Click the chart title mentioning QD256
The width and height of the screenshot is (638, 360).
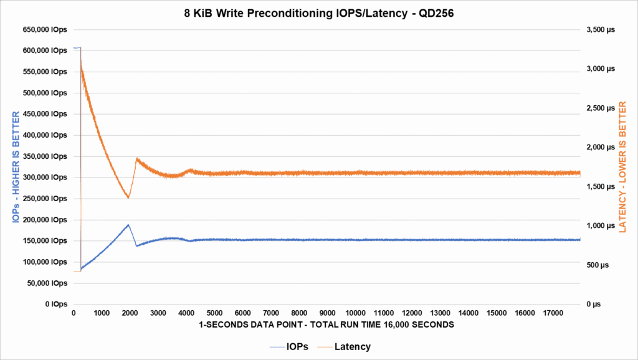pos(319,12)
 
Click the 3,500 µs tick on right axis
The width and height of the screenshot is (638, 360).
pos(599,30)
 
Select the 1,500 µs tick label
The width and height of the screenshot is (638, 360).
pos(599,187)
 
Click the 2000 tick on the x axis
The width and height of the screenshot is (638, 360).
pos(130,313)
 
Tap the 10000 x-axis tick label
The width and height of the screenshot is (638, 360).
pos(355,313)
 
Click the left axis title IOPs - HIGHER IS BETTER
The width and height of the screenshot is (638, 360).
pos(16,167)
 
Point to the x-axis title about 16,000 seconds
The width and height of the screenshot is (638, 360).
pos(327,325)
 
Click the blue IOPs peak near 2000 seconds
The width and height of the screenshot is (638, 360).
pos(128,224)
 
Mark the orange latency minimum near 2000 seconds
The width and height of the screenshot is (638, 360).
pos(128,198)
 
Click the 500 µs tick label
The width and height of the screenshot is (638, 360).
pos(597,265)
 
